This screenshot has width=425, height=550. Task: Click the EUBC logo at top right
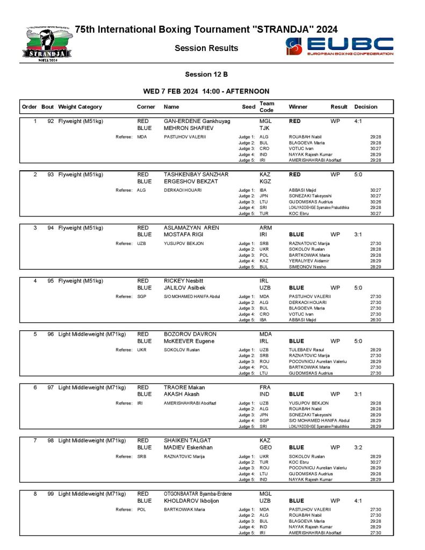tap(340, 47)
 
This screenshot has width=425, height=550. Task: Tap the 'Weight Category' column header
tap(80, 107)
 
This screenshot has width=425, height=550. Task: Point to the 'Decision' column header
tap(366, 107)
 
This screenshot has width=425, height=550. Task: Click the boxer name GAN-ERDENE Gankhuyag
tap(197, 121)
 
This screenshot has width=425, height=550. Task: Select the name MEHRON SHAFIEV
tap(188, 129)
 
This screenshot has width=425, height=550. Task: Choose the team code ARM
tap(265, 228)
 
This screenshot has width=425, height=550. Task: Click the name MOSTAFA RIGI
tap(186, 235)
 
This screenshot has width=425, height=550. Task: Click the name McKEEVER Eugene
tap(189, 341)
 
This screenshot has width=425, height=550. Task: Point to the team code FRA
tap(265, 387)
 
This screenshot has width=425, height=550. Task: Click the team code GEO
tap(265, 447)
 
